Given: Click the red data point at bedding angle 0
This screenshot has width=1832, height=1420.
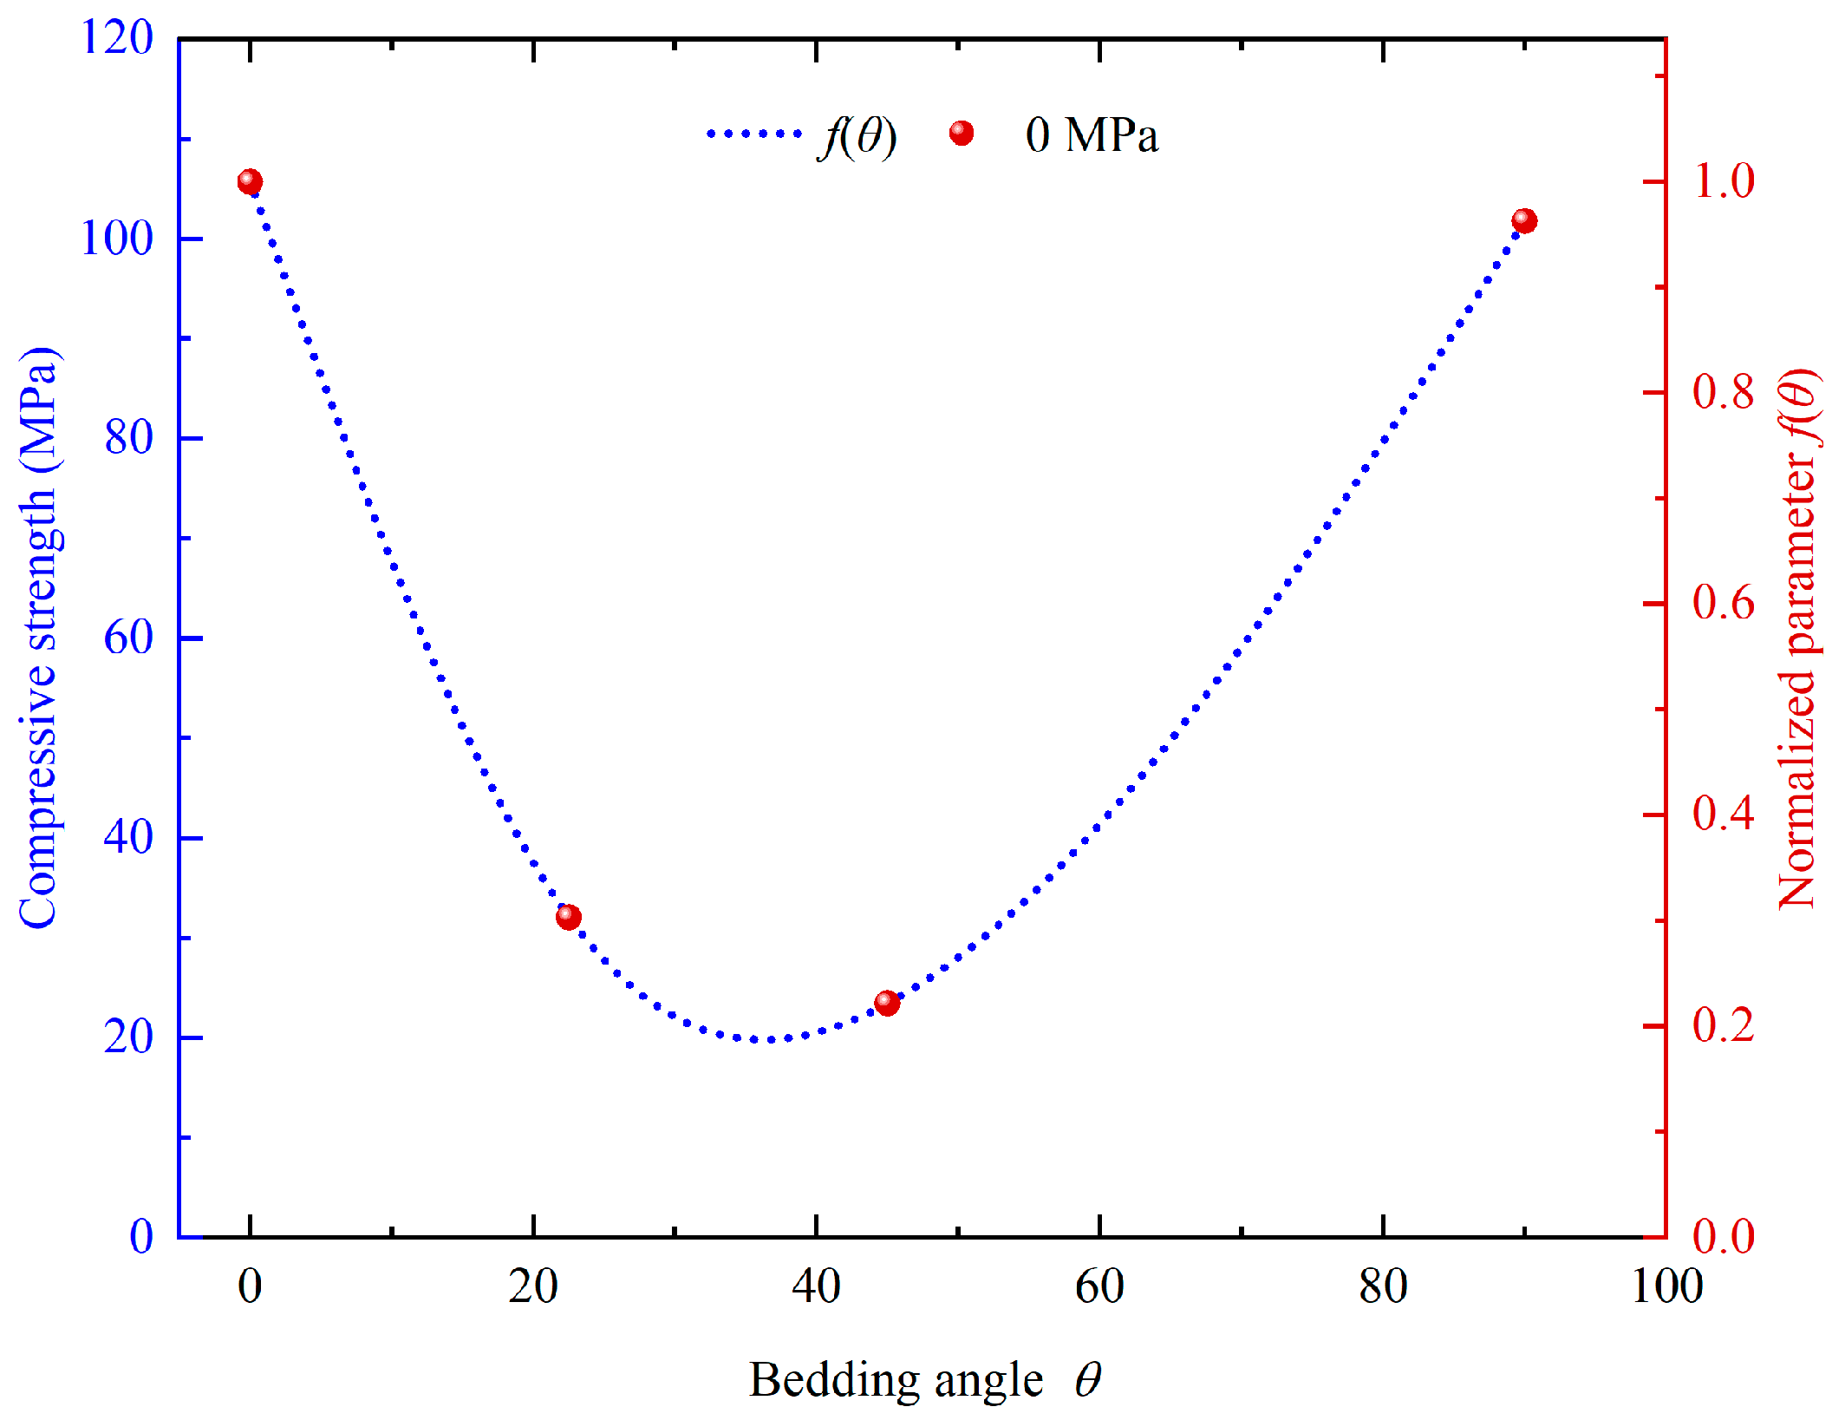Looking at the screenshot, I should (250, 182).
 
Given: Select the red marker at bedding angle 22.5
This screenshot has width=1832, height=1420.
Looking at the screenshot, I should (569, 917).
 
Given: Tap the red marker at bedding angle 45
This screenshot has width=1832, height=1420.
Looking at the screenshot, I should (887, 1003).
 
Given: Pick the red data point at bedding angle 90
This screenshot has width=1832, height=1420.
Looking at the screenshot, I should (1524, 221).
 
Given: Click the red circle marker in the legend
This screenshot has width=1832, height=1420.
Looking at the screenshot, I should (961, 134).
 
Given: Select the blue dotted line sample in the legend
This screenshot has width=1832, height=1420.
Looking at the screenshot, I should (753, 134).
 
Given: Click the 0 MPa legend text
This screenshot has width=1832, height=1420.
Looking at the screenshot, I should (1092, 135).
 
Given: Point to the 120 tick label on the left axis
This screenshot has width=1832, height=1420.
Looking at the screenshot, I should (116, 38).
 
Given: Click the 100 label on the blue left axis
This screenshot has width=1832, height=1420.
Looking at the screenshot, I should (116, 238).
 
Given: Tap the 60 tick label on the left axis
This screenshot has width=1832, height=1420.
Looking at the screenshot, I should (128, 638).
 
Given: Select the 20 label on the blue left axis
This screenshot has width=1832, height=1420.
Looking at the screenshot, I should (128, 1037).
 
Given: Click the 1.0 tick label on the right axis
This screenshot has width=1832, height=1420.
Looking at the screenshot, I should (1724, 182).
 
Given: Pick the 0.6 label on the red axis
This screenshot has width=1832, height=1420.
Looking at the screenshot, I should (1724, 604).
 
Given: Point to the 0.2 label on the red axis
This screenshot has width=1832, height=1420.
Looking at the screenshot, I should (1724, 1025).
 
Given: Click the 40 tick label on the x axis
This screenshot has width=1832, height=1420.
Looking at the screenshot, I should (816, 1287).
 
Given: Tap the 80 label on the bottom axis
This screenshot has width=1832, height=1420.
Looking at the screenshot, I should (1383, 1287).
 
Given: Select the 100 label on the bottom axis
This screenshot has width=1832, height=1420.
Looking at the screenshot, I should (1666, 1287).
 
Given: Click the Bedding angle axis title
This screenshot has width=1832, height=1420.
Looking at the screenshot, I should (924, 1380).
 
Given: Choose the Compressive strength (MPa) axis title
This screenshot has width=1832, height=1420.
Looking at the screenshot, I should (39, 638).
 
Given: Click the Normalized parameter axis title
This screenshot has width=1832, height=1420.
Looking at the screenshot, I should (1798, 638).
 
